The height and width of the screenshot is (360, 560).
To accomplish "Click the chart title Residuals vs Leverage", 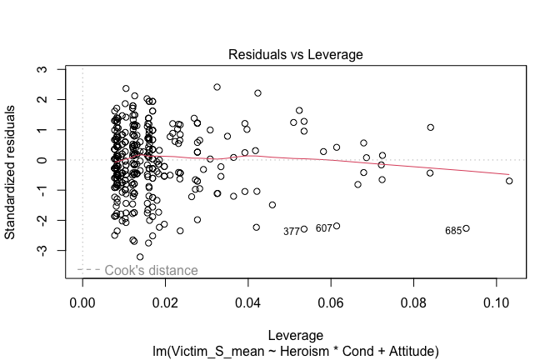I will coord(297,54).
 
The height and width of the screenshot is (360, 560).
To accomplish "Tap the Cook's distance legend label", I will coord(151,270).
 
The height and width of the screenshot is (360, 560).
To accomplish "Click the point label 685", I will coord(453,231).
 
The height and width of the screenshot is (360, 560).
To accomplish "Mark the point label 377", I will coord(292,232).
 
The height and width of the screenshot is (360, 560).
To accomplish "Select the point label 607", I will coord(324,228).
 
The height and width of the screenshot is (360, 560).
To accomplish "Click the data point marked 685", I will coord(467,228).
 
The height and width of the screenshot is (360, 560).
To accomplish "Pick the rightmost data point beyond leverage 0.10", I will coord(509,181).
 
